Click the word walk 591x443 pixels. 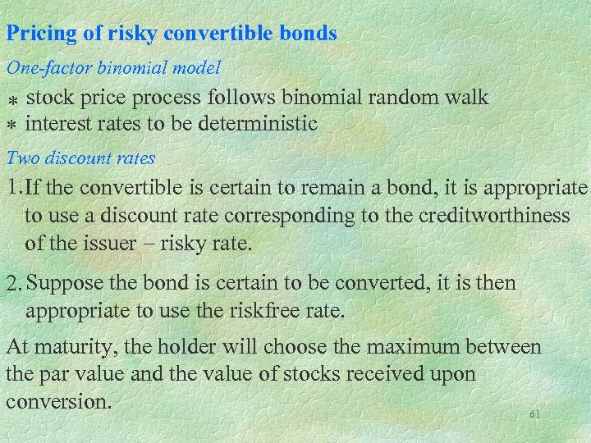tap(469, 98)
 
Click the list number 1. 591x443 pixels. tap(14, 189)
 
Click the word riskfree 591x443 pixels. tap(270, 312)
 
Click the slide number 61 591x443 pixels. tap(535, 415)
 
